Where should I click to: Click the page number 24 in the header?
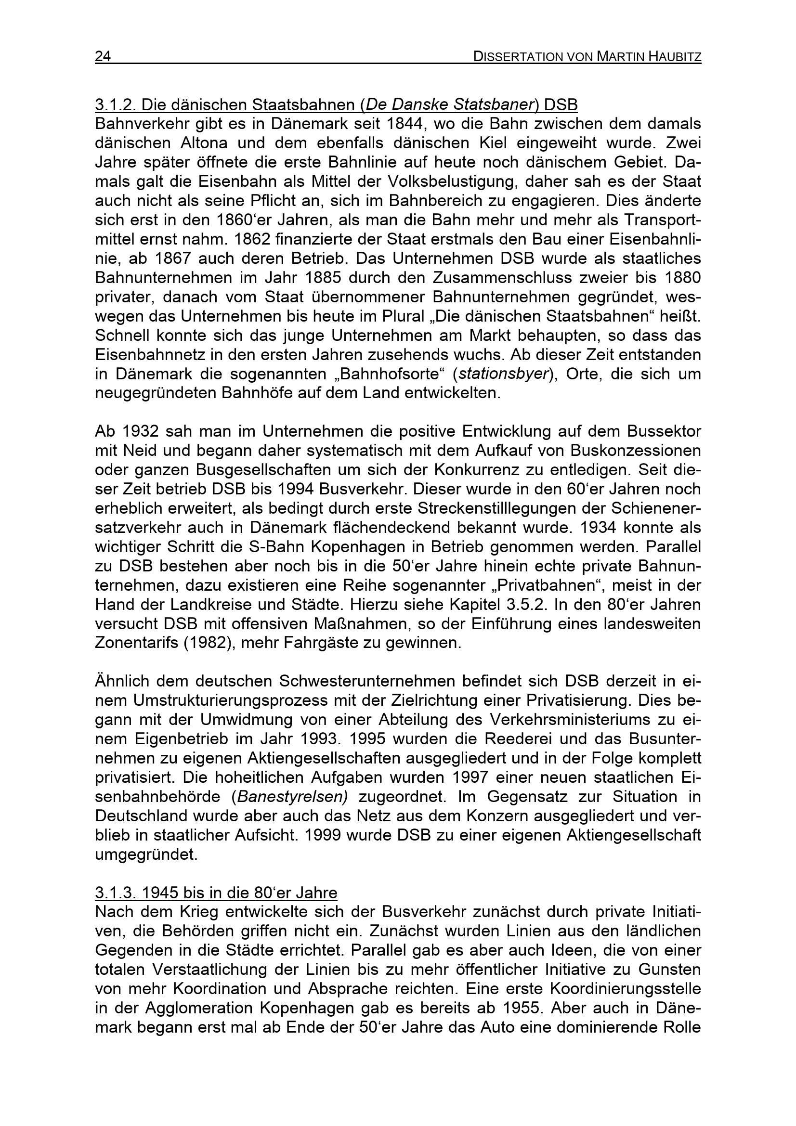pyautogui.click(x=103, y=57)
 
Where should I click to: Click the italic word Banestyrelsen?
pyautogui.click(x=292, y=797)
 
